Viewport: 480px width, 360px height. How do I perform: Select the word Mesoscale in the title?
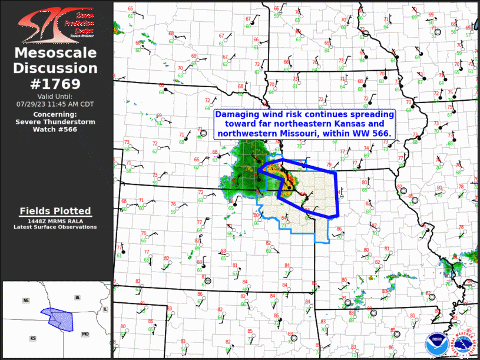pos(55,54)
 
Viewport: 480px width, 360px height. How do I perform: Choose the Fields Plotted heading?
pos(55,211)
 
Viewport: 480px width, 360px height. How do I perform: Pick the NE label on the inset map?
pos(26,300)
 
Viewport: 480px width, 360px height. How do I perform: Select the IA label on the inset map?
pos(77,298)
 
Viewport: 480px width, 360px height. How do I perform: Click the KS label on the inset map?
pos(33,338)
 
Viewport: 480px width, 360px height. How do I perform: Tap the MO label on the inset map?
pos(85,334)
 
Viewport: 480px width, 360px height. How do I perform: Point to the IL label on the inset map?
pos(105,309)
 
